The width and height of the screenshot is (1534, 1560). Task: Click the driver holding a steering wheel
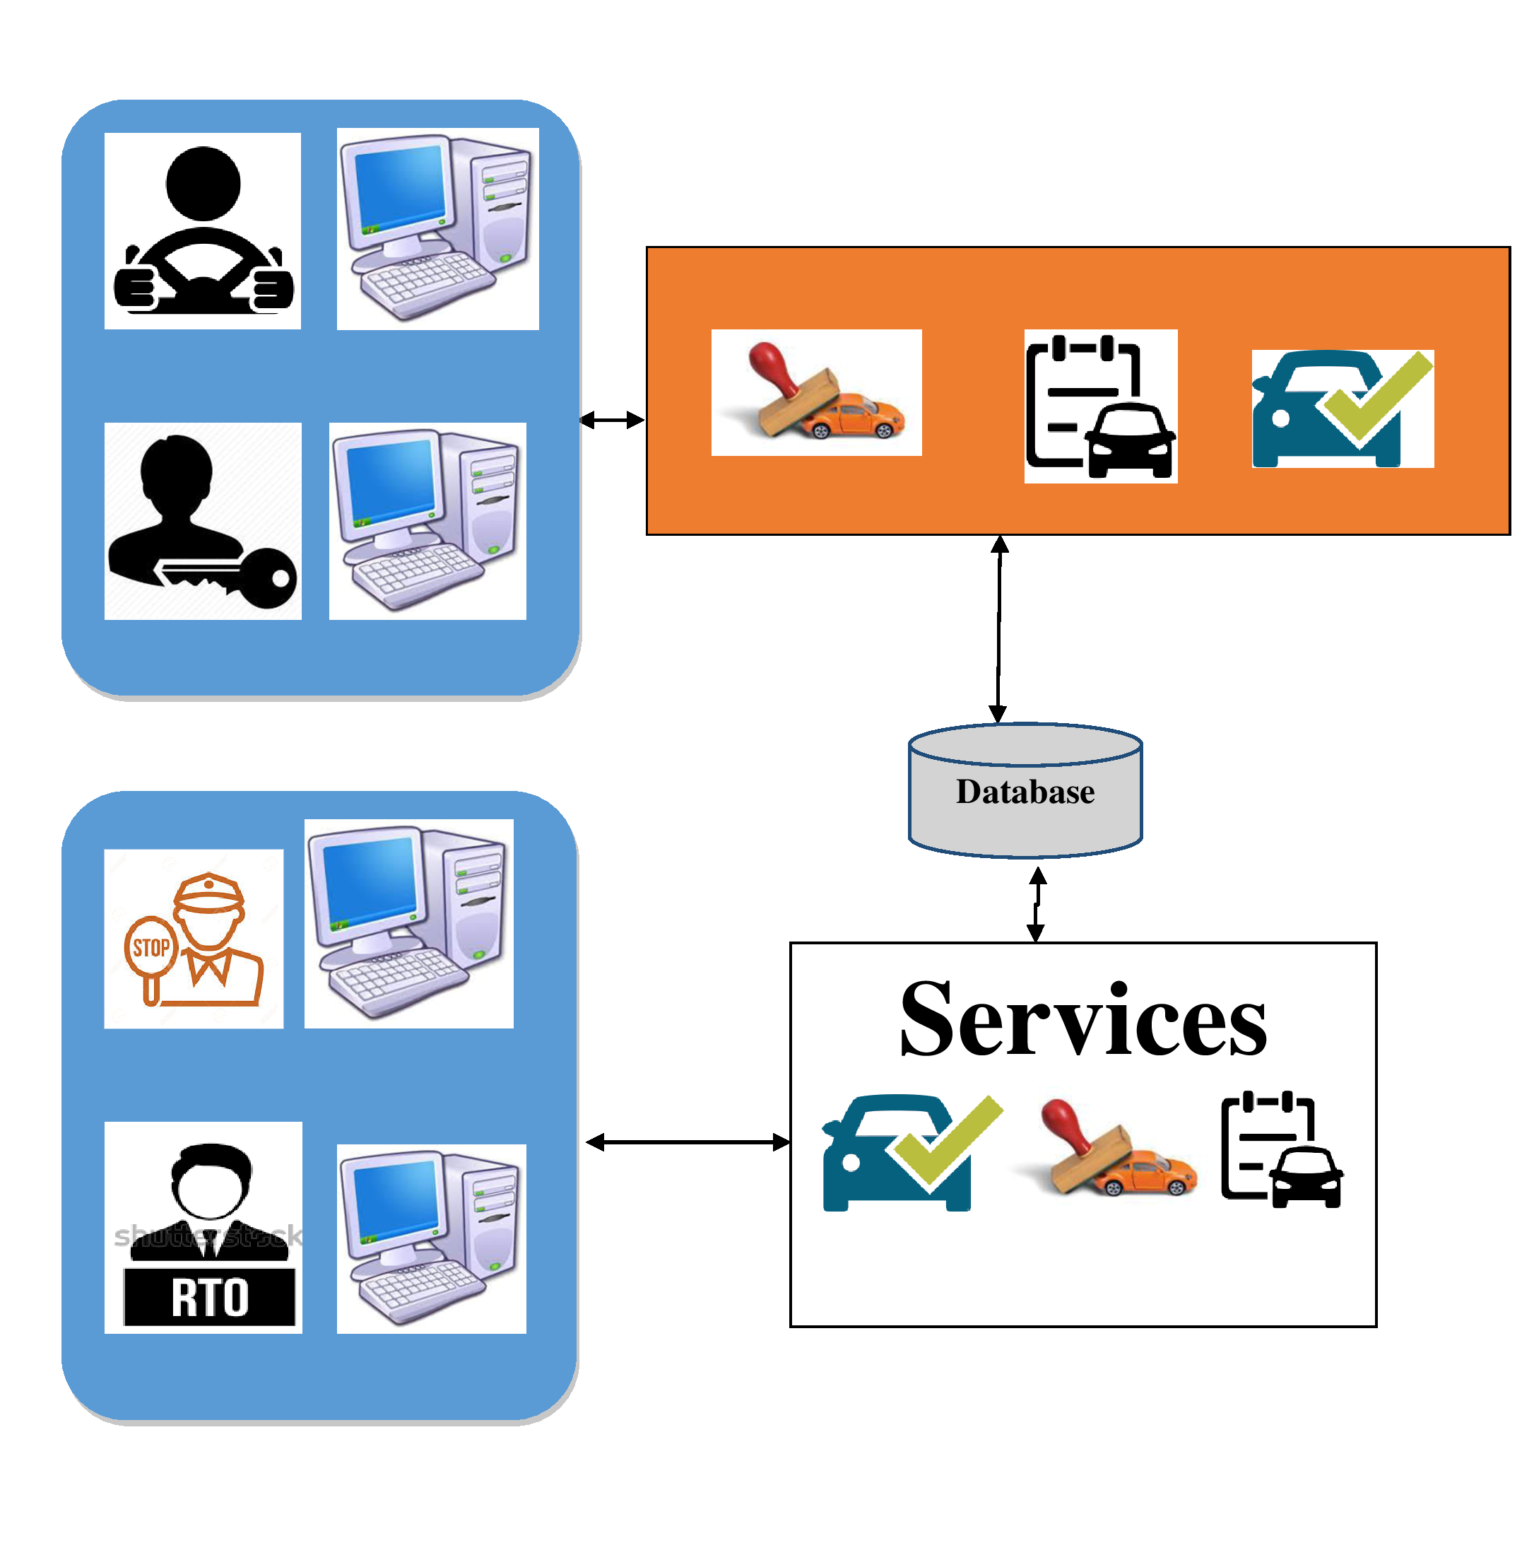click(x=202, y=231)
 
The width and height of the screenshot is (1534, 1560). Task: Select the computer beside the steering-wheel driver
click(x=437, y=229)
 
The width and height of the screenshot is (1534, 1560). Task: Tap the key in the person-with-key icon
click(x=242, y=577)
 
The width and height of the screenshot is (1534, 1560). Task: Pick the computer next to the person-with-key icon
click(x=427, y=520)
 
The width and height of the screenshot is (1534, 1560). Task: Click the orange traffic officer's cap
click(x=208, y=891)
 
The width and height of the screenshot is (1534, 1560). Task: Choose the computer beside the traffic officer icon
click(x=408, y=923)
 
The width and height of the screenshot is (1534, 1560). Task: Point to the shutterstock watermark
click(x=208, y=1236)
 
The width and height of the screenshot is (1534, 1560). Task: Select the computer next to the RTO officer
click(x=431, y=1238)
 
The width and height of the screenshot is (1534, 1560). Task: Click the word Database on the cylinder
click(x=1025, y=792)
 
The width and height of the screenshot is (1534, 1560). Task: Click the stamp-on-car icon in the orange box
click(x=816, y=393)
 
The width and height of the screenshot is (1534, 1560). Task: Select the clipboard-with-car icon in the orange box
click(x=1101, y=406)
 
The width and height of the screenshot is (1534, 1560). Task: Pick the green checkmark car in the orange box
click(x=1343, y=409)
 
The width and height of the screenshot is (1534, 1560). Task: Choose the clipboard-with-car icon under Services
click(x=1281, y=1150)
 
